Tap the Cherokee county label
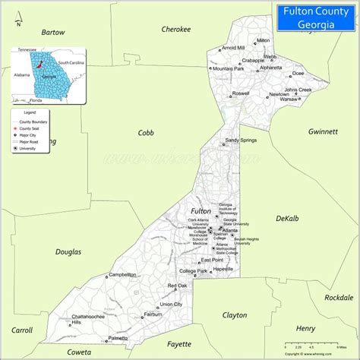176,29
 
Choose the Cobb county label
146,132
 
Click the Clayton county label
235,314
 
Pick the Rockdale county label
338,298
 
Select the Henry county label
306,328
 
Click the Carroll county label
22,330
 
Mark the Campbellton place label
122,274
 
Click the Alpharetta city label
270,68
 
